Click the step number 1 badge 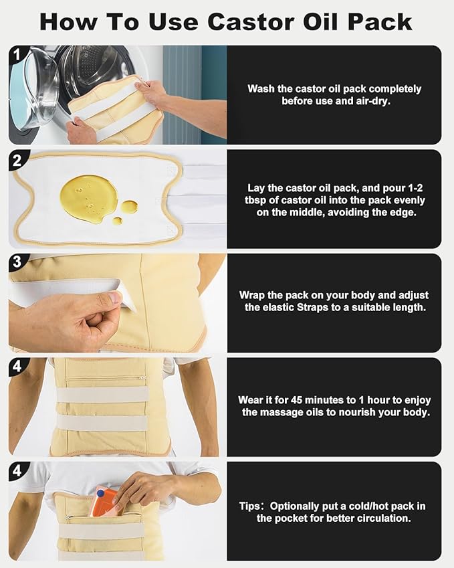16,55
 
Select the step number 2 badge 17,160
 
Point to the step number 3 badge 17,262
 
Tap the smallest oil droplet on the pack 117,221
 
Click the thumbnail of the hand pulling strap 118,303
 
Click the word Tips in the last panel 249,506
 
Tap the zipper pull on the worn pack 143,378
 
